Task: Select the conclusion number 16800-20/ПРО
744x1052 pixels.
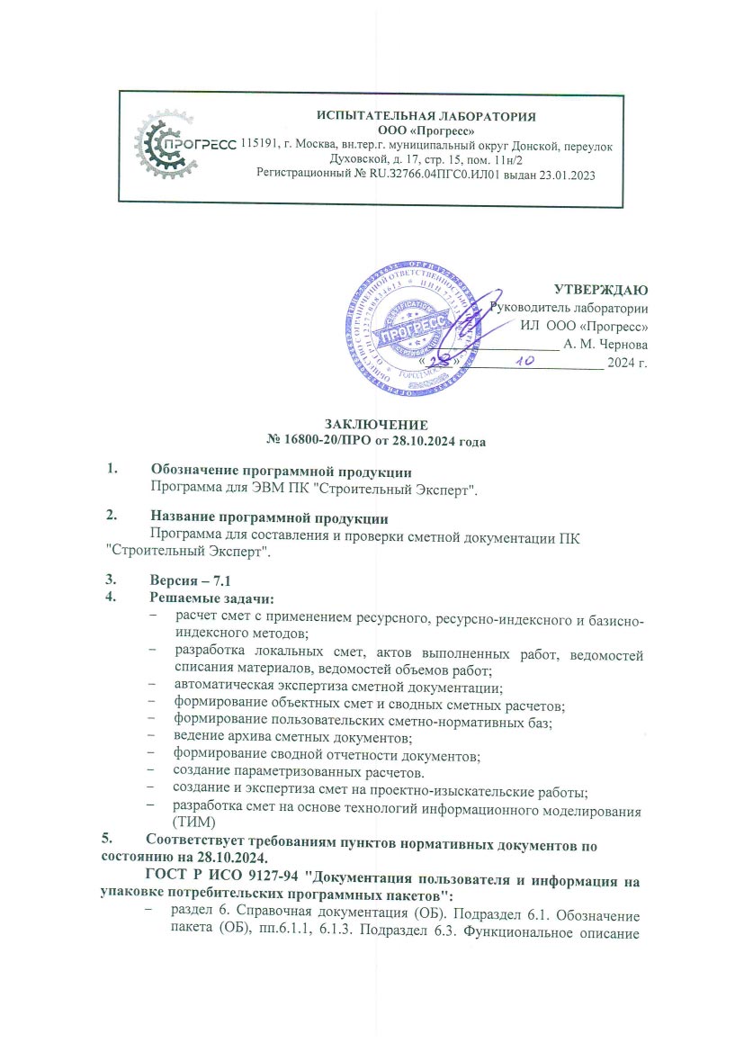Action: (x=346, y=441)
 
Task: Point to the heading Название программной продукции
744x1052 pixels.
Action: (x=269, y=518)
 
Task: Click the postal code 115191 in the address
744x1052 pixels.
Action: (x=260, y=145)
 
